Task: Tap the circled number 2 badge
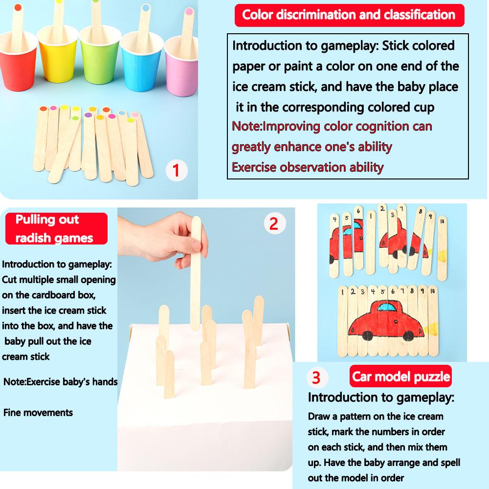tap(274, 223)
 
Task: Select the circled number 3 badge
tap(316, 378)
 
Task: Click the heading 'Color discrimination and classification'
tap(349, 15)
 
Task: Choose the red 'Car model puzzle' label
tap(401, 377)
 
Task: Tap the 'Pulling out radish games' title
tap(56, 228)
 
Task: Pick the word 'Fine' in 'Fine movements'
tap(12, 412)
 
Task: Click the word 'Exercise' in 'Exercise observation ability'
tap(254, 167)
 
